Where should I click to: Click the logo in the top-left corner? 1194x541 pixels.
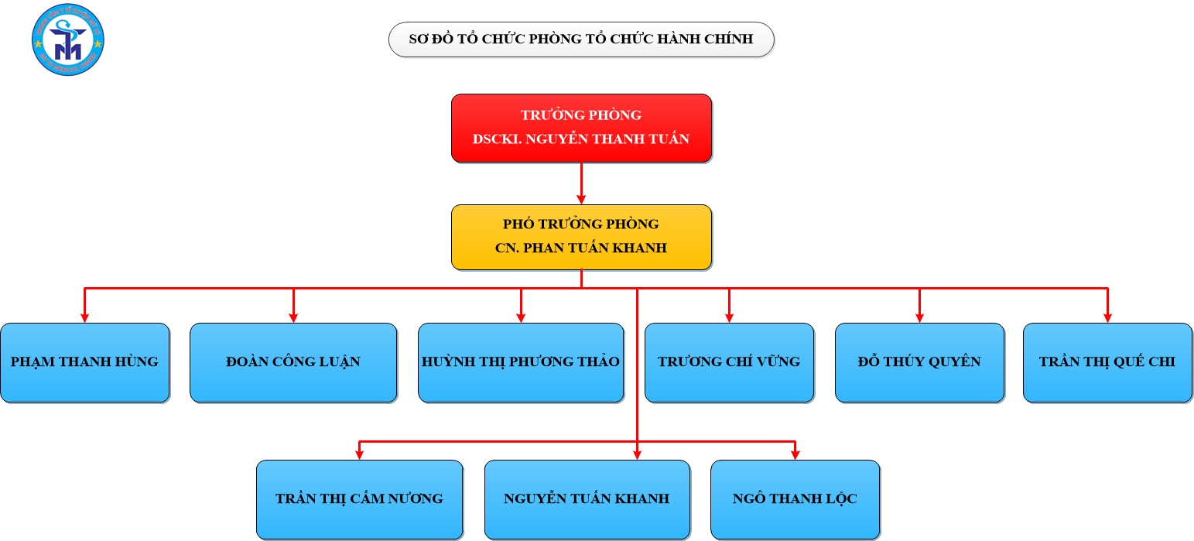point(68,39)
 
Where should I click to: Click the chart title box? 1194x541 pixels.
point(580,39)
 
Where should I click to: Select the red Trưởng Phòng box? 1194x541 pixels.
point(581,128)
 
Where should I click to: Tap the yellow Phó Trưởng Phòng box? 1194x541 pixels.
point(581,237)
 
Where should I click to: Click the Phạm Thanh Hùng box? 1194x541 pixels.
point(84,362)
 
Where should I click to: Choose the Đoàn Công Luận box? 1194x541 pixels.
point(293,362)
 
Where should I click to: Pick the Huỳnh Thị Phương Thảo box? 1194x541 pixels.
point(521,362)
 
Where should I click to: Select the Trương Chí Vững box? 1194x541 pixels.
point(729,362)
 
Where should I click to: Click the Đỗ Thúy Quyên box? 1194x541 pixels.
point(919,362)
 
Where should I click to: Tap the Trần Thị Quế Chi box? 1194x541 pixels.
point(1107,362)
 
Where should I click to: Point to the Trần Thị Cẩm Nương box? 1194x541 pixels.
point(359,499)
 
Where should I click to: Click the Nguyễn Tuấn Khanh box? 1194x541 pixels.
point(587,499)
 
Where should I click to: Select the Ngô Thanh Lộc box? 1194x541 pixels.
point(795,499)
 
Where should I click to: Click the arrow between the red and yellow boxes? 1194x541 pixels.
point(581,183)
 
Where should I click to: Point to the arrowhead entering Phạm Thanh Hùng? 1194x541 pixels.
point(84,317)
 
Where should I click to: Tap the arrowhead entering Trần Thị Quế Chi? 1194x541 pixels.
point(1107,317)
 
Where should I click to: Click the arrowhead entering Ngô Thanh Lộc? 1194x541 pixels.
point(795,454)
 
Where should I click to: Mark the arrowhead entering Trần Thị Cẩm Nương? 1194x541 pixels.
point(359,454)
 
